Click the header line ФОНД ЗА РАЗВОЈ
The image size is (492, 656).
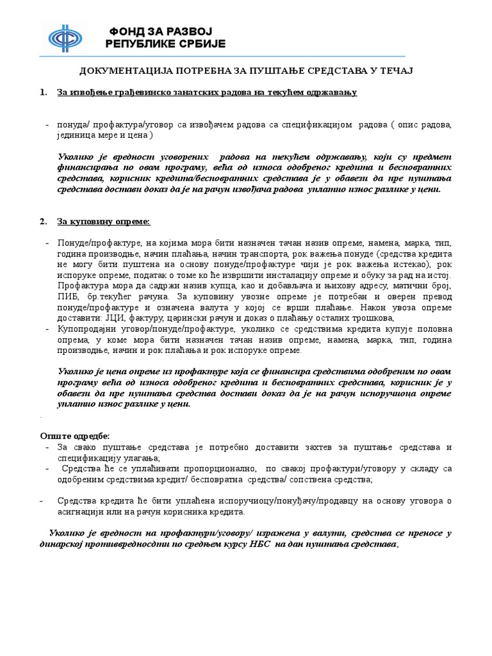tap(160, 31)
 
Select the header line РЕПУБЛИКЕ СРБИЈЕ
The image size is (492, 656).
tap(165, 44)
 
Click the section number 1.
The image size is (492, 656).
tap(43, 92)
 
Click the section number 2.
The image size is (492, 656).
tap(43, 221)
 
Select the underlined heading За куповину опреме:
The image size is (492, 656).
tap(104, 221)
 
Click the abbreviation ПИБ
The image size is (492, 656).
tap(67, 297)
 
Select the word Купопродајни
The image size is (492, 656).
tap(84, 329)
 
